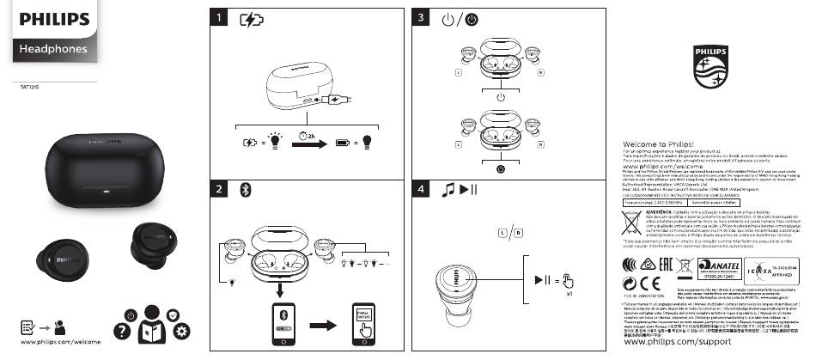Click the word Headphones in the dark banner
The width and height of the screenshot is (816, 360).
53,49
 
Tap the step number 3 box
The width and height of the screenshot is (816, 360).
421,18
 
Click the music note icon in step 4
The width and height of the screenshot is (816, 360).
447,189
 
